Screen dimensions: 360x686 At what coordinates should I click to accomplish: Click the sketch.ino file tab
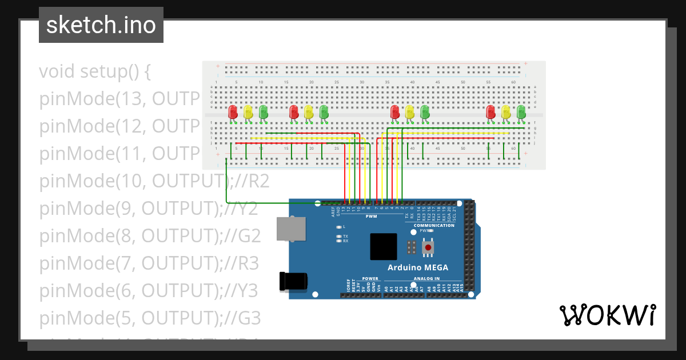click(101, 25)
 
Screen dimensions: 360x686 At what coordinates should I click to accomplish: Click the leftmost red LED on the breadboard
click(233, 112)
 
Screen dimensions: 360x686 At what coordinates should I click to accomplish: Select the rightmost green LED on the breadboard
click(521, 112)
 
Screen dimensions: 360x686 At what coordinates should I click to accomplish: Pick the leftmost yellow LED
click(248, 112)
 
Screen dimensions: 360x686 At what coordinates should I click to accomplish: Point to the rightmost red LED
click(490, 112)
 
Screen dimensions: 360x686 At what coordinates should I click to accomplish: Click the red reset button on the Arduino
click(428, 248)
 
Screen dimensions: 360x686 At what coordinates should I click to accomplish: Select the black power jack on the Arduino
click(293, 281)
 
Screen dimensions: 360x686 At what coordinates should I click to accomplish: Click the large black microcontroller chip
click(383, 247)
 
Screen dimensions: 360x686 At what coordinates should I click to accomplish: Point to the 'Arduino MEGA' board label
click(418, 267)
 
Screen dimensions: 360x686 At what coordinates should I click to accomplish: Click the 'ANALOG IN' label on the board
click(426, 279)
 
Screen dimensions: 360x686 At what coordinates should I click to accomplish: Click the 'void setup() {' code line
click(95, 72)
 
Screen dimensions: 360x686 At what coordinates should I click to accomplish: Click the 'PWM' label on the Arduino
click(372, 217)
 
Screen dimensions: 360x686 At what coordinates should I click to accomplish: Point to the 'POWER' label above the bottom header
click(370, 279)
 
